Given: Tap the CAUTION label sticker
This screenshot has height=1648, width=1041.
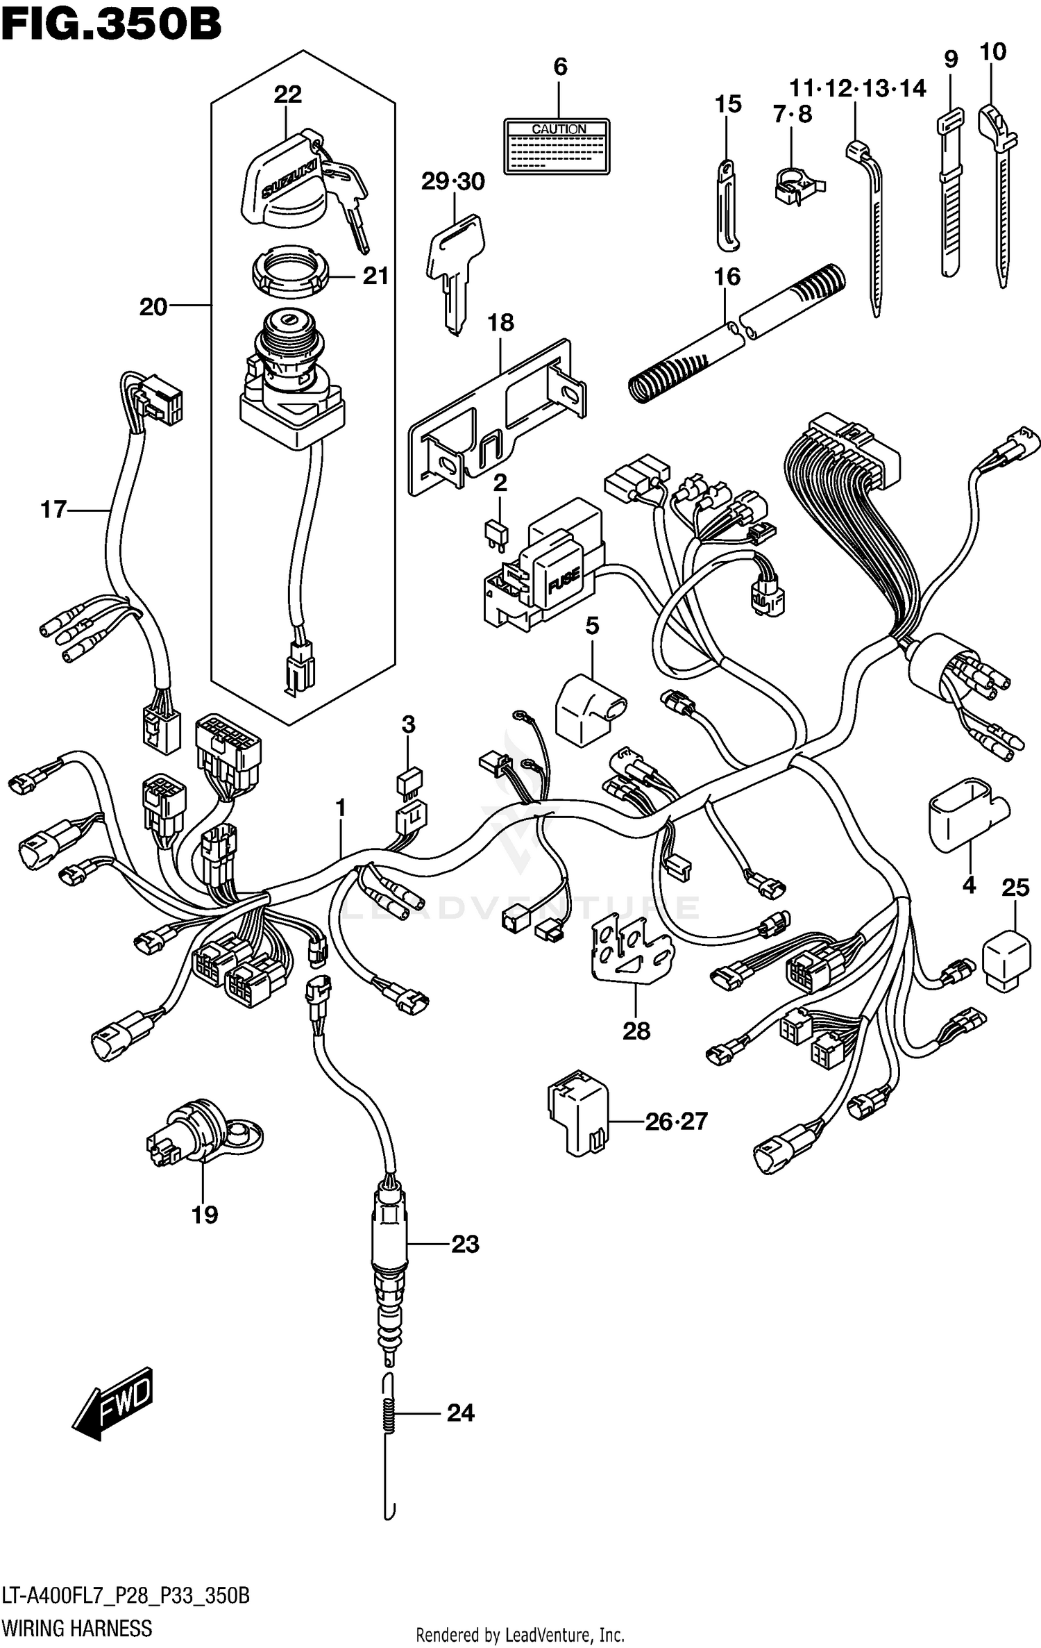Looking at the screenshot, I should click(557, 147).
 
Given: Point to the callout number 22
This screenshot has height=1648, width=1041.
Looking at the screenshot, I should click(287, 94).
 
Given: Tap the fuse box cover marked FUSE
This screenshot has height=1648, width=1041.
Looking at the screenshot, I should click(561, 574).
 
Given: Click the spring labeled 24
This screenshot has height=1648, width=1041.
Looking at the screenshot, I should click(391, 1413).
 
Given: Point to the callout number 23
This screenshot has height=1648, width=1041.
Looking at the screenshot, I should click(465, 1244).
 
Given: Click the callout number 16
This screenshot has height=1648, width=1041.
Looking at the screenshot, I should click(727, 277).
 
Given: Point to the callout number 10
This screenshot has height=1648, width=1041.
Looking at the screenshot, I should click(992, 52).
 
